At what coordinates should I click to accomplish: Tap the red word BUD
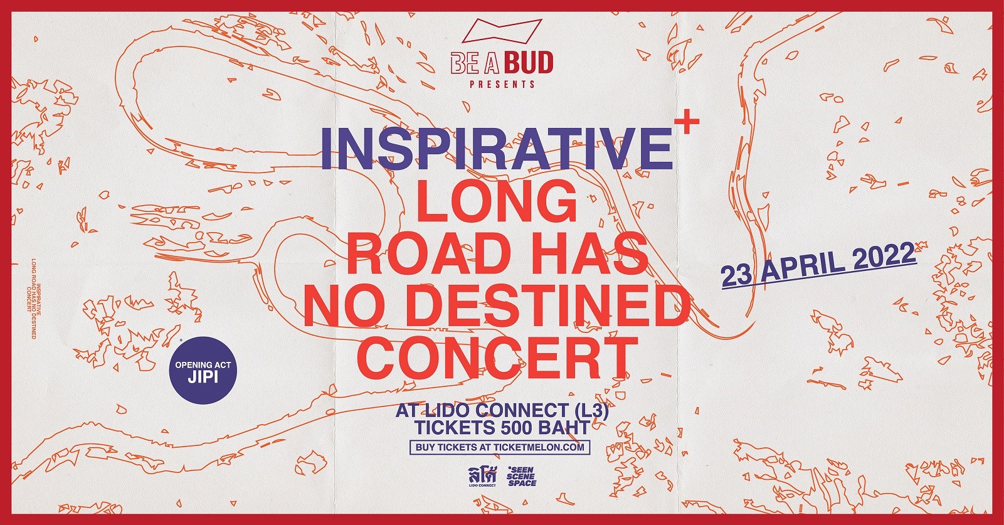tap(529, 63)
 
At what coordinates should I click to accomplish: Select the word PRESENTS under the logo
tap(502, 84)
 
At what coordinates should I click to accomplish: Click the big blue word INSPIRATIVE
tap(497, 148)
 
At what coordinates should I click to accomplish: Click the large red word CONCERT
tap(497, 358)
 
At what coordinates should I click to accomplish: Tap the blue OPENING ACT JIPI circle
tap(203, 371)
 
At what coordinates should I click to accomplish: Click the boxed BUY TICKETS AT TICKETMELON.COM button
tap(500, 447)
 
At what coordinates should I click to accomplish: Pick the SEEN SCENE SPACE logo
tap(521, 477)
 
